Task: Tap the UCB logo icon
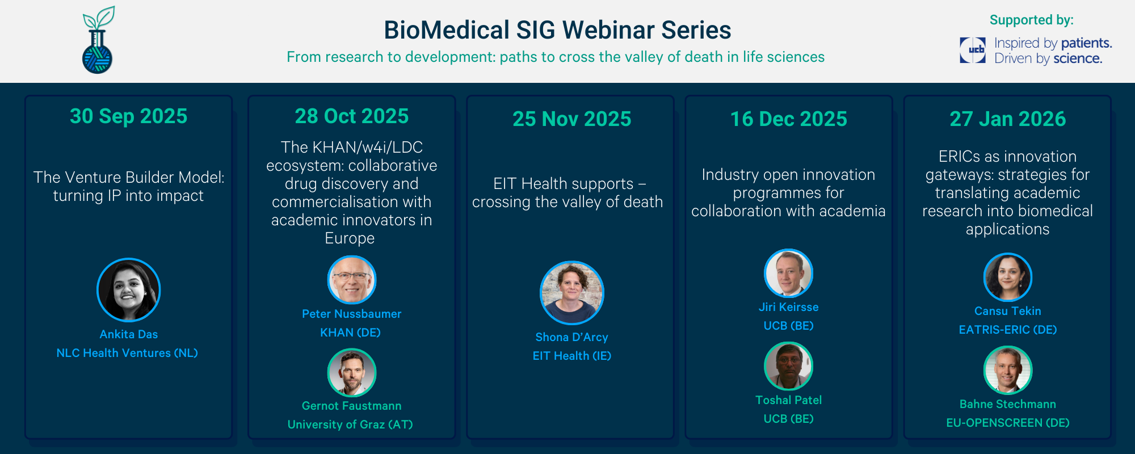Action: (973, 50)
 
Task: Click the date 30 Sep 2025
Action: (129, 116)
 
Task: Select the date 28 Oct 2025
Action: (352, 116)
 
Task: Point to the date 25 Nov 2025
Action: (572, 119)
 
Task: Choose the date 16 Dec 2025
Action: (789, 119)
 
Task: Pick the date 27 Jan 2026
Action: (1008, 119)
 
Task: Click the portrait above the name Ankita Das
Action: (129, 290)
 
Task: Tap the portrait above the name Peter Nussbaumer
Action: (352, 280)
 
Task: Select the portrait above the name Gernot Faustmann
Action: (352, 372)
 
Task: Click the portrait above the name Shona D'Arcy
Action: (572, 293)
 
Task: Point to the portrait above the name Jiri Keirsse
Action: (789, 273)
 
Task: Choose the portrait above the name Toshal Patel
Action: (789, 366)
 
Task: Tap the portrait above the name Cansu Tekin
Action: (1008, 277)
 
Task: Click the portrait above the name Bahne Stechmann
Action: (1008, 370)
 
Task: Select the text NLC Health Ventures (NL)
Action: (127, 353)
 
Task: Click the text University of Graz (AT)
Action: (350, 424)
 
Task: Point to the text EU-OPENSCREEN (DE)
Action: (1008, 423)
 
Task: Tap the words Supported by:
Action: (1032, 20)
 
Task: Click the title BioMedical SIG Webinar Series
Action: (557, 30)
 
